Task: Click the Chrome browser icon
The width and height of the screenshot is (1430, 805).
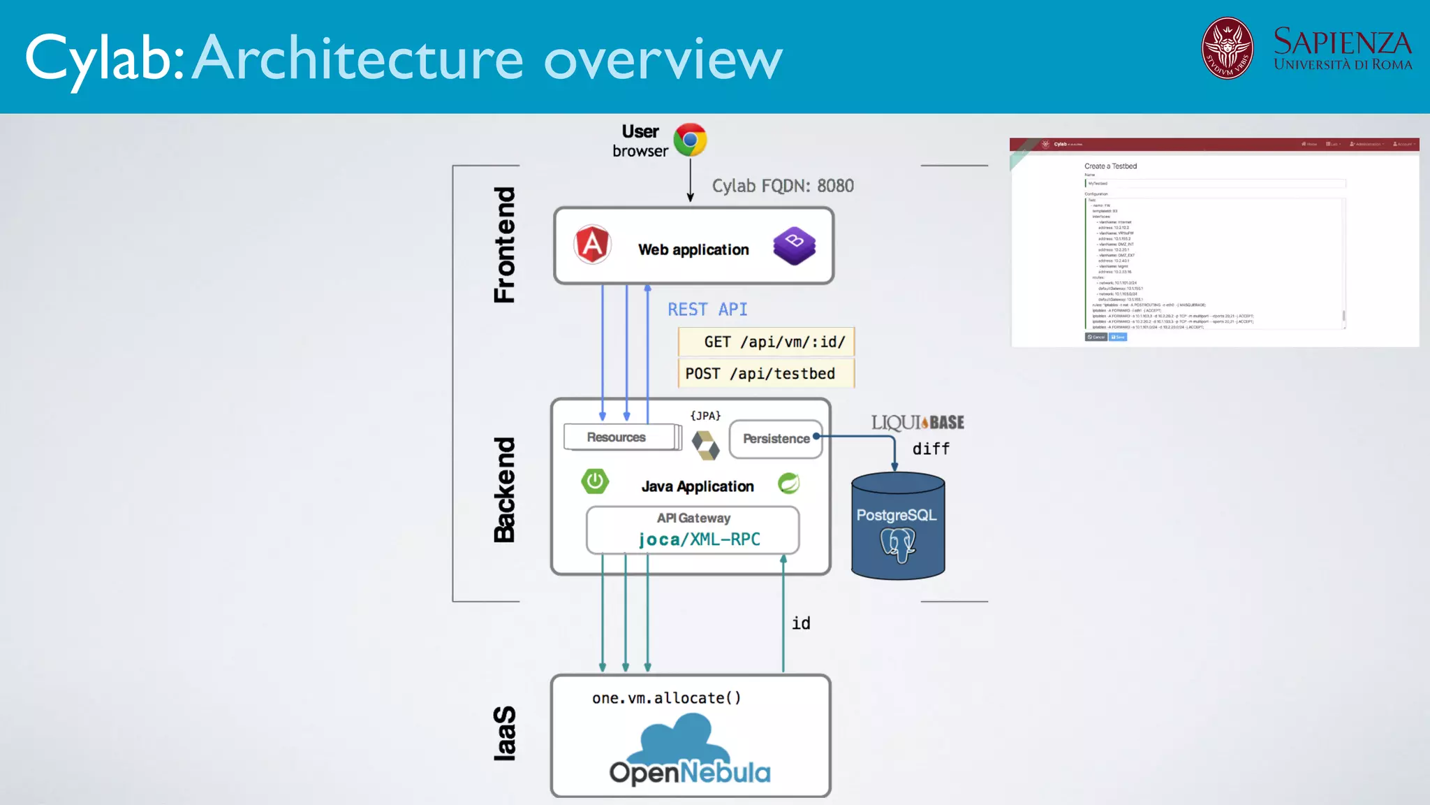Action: [690, 140]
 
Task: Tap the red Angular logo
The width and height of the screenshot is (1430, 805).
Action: [592, 245]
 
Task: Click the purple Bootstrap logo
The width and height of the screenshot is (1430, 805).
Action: [794, 245]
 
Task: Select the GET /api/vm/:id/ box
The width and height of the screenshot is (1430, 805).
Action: [766, 342]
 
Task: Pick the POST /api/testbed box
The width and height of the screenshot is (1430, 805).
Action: [766, 374]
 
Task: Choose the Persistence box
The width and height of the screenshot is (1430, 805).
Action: [776, 439]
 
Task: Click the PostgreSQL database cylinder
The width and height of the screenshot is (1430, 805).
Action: [898, 526]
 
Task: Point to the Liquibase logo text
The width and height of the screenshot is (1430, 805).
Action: [917, 423]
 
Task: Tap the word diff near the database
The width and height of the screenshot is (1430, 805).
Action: [931, 449]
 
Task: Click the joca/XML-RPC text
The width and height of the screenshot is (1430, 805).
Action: [699, 539]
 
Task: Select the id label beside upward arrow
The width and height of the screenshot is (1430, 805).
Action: [801, 623]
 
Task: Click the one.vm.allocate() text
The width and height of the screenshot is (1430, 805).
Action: [666, 698]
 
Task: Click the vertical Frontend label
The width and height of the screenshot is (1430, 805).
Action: [504, 245]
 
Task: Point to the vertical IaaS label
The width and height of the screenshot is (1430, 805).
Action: [504, 733]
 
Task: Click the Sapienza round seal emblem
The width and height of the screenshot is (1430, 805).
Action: [1227, 48]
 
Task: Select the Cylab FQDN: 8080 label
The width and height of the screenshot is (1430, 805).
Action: [782, 186]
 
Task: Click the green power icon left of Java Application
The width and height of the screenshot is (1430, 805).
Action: [595, 481]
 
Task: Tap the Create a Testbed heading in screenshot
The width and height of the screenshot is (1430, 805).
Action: [1110, 166]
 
